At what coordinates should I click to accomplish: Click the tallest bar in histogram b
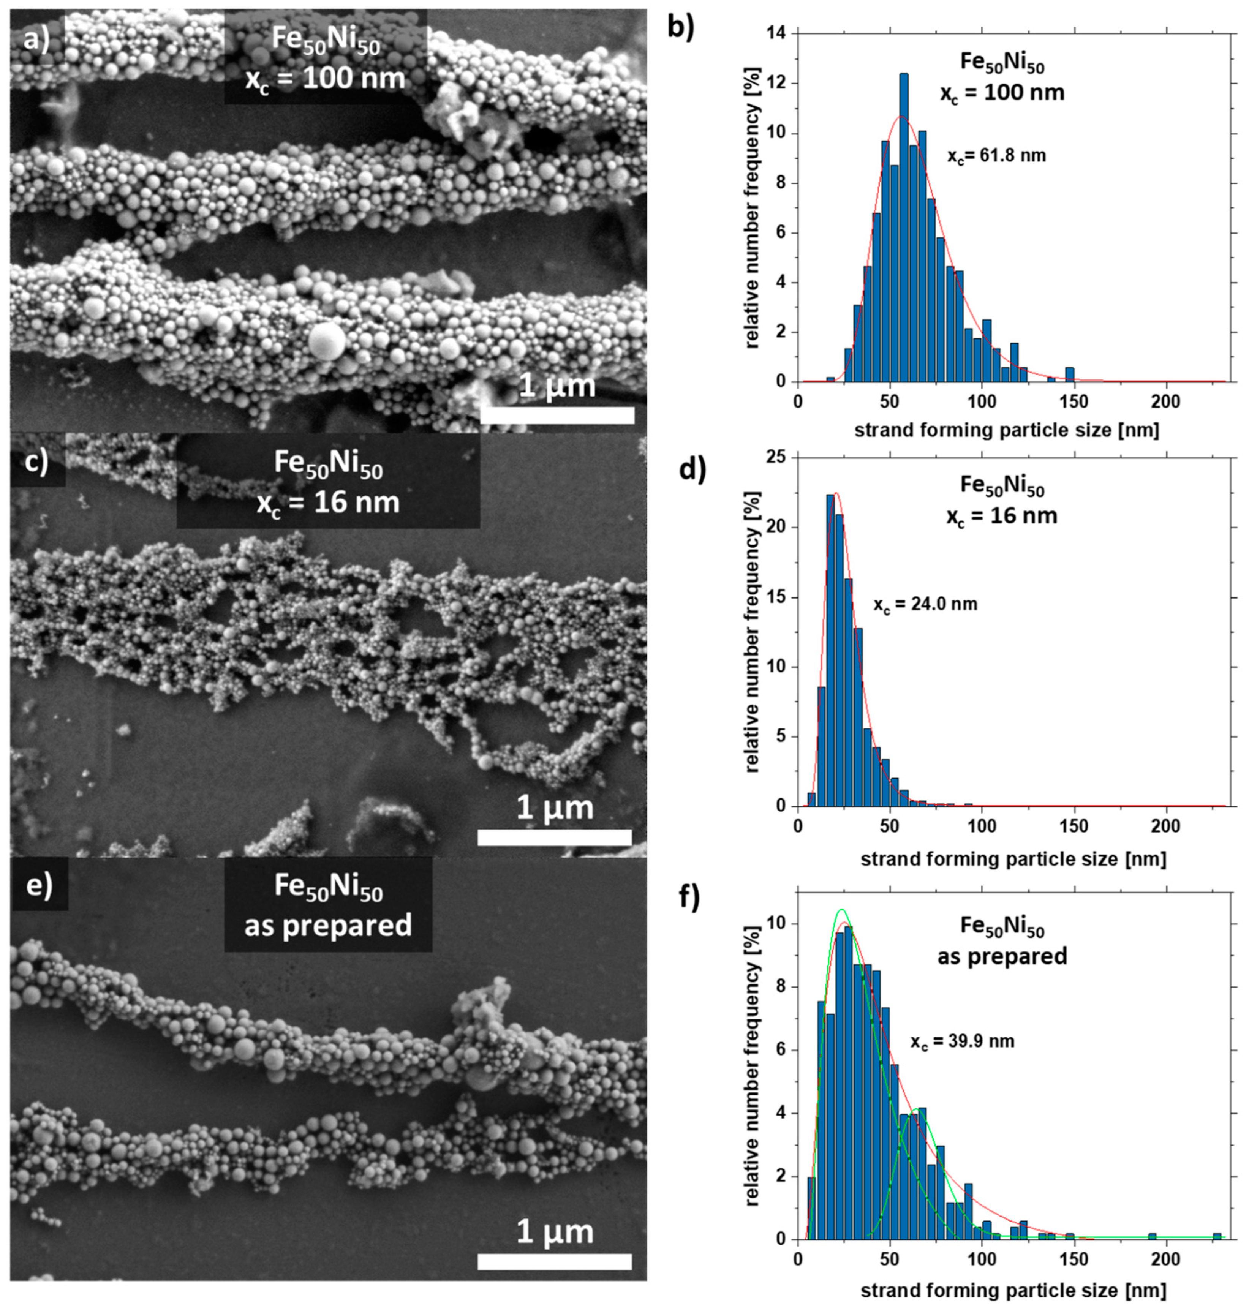click(903, 226)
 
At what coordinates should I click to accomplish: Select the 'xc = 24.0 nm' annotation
click(925, 604)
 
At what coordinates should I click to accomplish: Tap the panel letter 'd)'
click(691, 469)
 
